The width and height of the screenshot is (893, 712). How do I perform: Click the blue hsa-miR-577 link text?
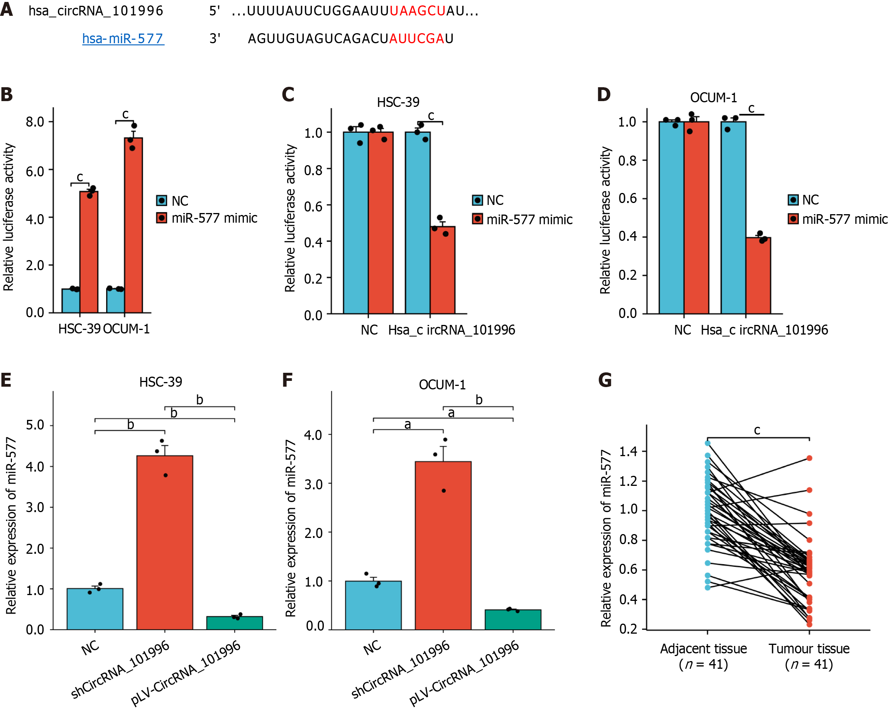coord(123,39)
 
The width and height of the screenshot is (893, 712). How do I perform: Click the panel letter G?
coord(605,380)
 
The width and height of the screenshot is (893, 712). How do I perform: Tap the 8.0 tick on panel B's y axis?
coord(35,122)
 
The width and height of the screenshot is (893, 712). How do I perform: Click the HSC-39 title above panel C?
coord(397,102)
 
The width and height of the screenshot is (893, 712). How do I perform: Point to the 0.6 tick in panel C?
coord(313,206)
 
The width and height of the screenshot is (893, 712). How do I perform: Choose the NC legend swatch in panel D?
coord(793,200)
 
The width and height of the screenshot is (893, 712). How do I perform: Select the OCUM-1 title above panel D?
coord(713,98)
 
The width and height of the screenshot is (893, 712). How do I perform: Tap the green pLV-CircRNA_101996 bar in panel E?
coord(234,622)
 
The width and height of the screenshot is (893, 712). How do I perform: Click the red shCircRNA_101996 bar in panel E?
coord(165,543)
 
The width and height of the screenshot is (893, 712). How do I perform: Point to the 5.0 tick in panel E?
coord(35,425)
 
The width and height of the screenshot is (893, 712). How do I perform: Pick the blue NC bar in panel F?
coord(373,605)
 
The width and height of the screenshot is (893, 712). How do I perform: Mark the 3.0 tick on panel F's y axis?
coord(313,484)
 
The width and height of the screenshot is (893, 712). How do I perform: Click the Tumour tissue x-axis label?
coord(808,649)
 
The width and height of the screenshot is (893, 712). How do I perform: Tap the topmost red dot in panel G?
coord(809,458)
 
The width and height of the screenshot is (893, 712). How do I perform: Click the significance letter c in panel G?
coord(757,430)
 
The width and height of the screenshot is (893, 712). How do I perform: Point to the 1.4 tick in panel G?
coord(628,451)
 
